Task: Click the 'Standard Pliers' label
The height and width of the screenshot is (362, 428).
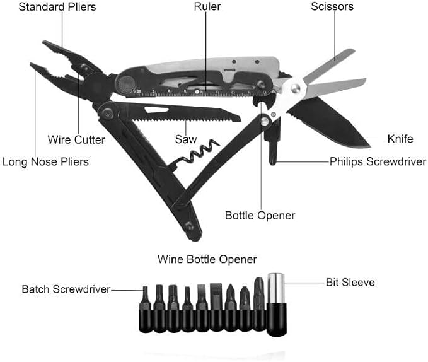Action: coord(57,7)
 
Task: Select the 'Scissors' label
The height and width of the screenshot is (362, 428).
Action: coord(332,7)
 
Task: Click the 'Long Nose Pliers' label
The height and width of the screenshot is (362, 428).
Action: coord(45,161)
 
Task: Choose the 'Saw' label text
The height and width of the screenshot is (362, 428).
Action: coord(186,139)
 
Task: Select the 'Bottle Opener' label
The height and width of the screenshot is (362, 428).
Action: coord(260,215)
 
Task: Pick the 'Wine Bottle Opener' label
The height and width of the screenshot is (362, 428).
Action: coord(207,259)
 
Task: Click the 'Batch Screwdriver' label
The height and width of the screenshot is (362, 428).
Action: coord(66,289)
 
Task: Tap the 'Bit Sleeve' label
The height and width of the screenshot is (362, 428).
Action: coord(350,282)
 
